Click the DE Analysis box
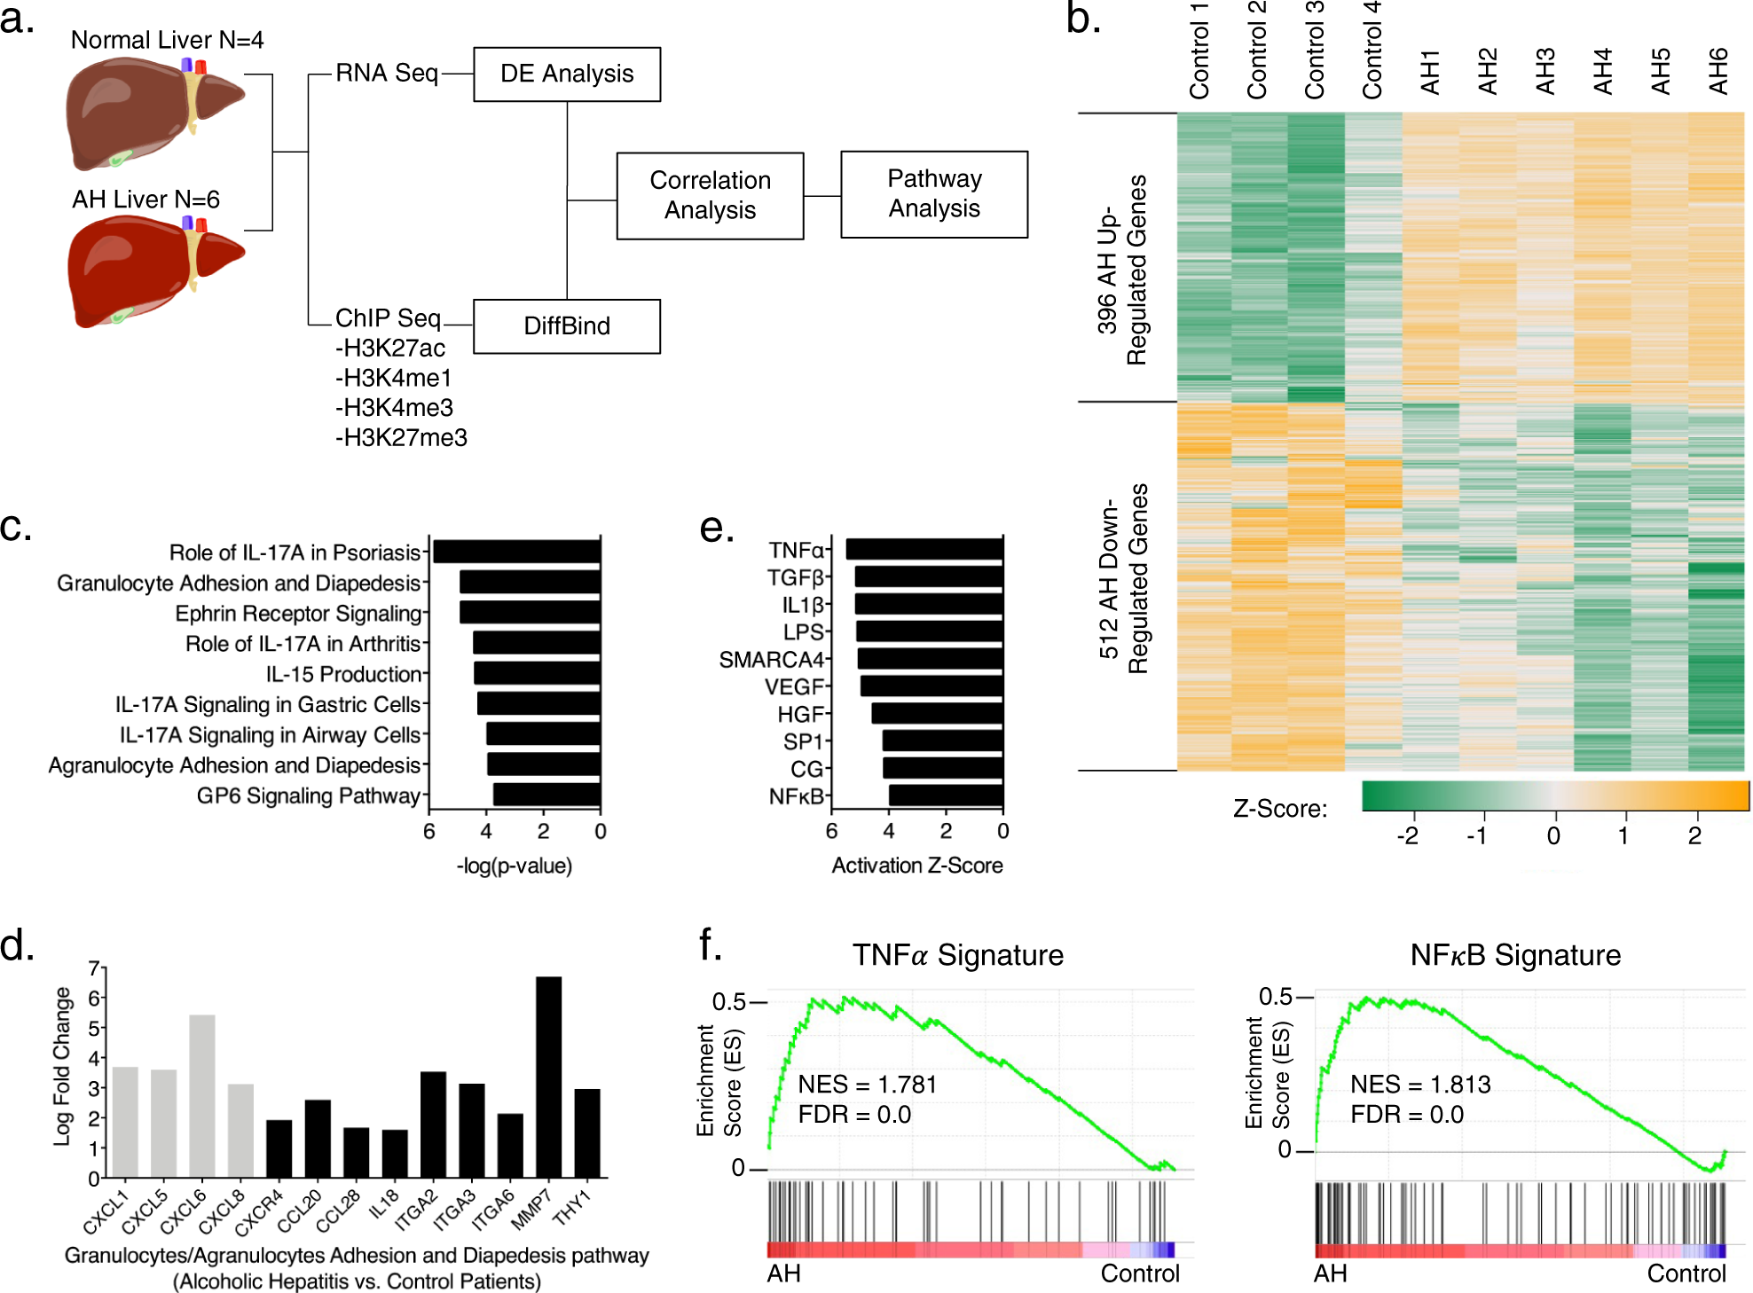pyautogui.click(x=567, y=74)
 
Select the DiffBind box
pyautogui.click(x=567, y=326)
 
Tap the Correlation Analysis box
pyautogui.click(x=710, y=196)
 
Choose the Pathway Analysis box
pyautogui.click(x=934, y=194)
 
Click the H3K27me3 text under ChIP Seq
pyautogui.click(x=401, y=438)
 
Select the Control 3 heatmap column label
pyautogui.click(x=1315, y=50)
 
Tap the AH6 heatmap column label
pyautogui.click(x=1718, y=71)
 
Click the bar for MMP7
pyautogui.click(x=548, y=1077)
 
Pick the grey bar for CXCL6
pyautogui.click(x=202, y=1097)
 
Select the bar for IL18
pyautogui.click(x=395, y=1154)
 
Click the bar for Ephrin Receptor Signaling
pyautogui.click(x=531, y=613)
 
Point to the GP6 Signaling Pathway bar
pyautogui.click(x=547, y=795)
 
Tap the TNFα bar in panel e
pyautogui.click(x=924, y=549)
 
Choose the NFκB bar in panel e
pyautogui.click(x=946, y=795)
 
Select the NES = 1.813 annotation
pyautogui.click(x=1420, y=1085)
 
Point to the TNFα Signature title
pyautogui.click(x=958, y=955)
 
